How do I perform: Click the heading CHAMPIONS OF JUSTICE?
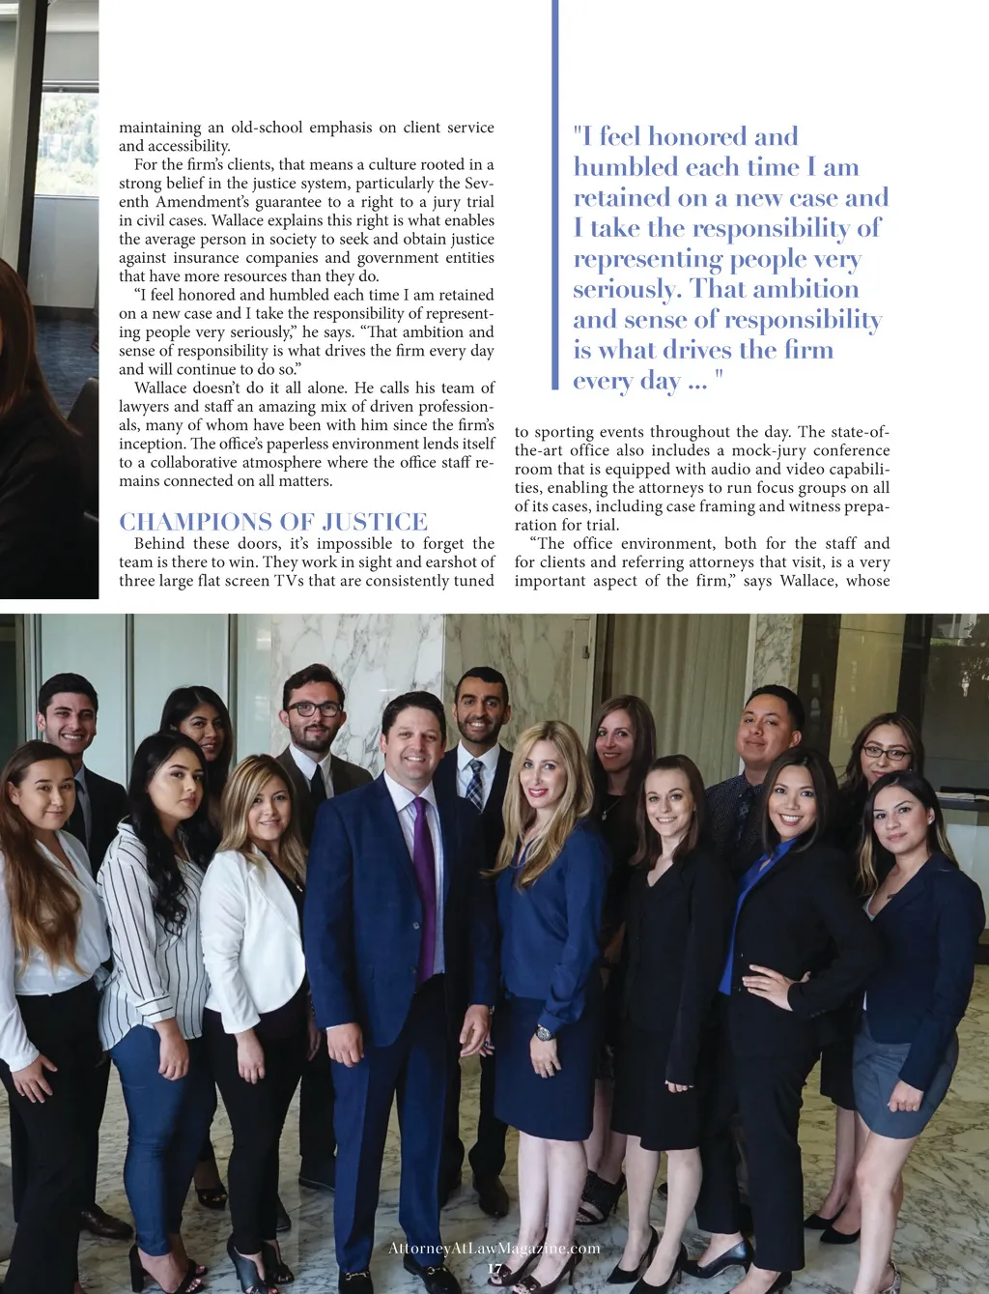coord(273,522)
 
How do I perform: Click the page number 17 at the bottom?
coord(494,1269)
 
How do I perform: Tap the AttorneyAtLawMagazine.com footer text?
coord(494,1249)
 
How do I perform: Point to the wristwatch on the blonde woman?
coord(544,1033)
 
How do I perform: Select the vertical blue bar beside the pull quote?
coord(555,193)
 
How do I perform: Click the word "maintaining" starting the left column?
coord(159,128)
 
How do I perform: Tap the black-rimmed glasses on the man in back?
coord(313,708)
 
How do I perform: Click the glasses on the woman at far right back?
coord(885,753)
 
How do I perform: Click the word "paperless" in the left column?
coord(298,444)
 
